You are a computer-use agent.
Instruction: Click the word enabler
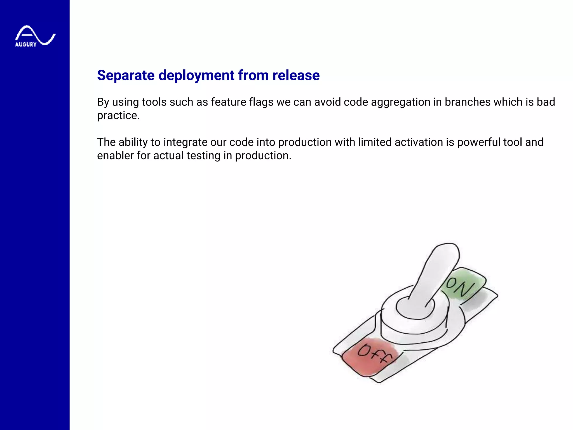(x=115, y=156)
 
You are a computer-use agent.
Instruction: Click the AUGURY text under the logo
(x=26, y=45)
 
